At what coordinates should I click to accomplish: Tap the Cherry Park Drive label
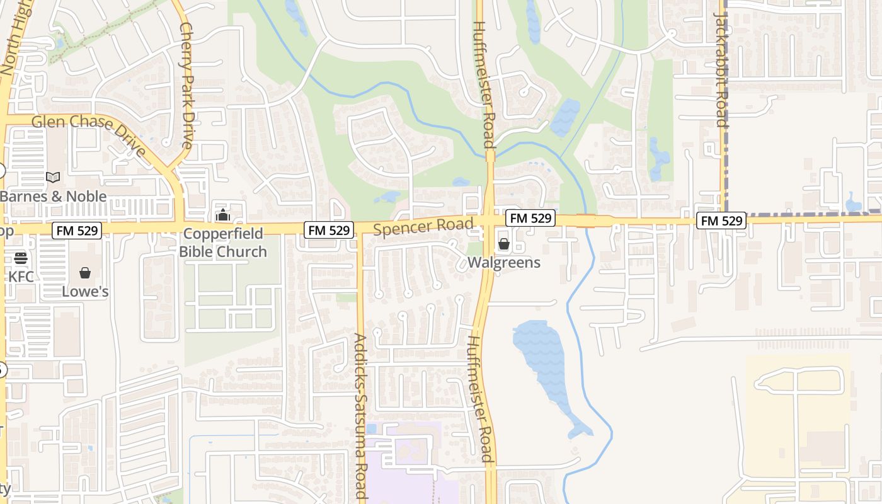point(186,86)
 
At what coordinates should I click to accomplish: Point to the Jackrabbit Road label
point(722,69)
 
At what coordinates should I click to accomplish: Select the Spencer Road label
point(423,226)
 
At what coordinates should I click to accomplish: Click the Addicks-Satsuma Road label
point(360,416)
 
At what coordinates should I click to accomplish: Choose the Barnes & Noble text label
point(53,197)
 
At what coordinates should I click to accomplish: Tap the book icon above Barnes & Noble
point(53,178)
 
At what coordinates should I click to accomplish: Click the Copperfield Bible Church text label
point(223,243)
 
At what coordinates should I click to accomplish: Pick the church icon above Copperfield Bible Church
point(223,215)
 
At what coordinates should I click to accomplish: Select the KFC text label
point(21,277)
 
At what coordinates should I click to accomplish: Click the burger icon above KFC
point(21,258)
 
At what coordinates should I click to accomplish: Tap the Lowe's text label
point(85,292)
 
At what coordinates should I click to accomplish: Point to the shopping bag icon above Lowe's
point(85,273)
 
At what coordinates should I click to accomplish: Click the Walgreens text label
point(504,263)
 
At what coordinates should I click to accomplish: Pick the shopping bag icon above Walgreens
point(504,244)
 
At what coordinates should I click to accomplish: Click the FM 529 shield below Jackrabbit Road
point(721,220)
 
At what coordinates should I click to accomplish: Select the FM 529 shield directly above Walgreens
point(530,218)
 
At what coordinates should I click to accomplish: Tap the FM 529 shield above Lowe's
point(77,231)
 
